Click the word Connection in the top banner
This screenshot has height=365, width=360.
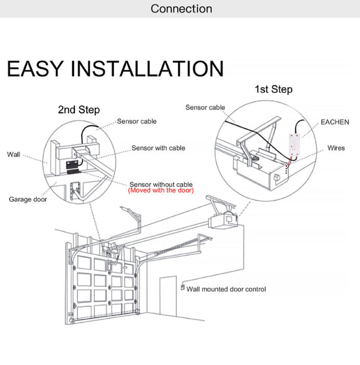click(181, 9)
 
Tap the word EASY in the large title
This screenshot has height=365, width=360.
click(35, 69)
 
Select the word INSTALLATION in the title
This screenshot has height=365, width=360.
click(147, 69)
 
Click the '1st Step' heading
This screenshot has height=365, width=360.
click(273, 90)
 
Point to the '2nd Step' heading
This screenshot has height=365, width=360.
click(78, 110)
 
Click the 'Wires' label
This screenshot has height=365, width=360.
click(336, 148)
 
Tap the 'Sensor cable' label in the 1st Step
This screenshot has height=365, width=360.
click(205, 107)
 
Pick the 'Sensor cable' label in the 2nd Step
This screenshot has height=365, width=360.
click(136, 121)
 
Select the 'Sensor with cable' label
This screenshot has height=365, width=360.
click(158, 148)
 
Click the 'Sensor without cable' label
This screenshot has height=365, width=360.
click(160, 185)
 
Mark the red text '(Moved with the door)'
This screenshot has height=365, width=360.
click(160, 191)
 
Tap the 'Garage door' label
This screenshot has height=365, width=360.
click(27, 199)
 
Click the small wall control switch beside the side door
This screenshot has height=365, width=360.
click(182, 287)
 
